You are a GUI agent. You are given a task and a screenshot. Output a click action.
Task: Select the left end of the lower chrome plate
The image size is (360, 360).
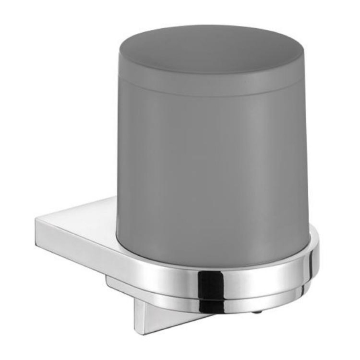point(109,281)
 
